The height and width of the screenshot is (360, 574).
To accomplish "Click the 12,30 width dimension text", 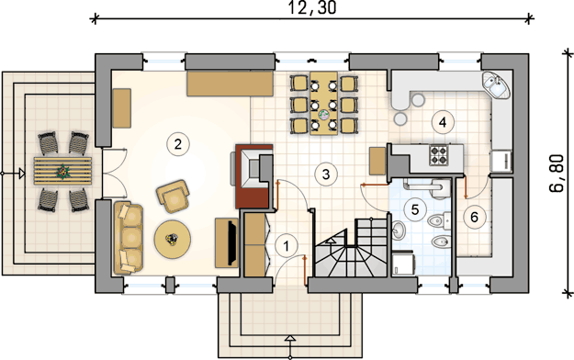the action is coord(312,7).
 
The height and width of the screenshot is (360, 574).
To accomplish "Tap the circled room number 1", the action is coord(287,246).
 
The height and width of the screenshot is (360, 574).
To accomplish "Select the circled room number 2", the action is coord(178,144).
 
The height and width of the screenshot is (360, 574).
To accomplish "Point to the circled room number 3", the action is coord(326,174).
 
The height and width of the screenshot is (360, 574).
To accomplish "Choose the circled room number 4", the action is coord(443,122).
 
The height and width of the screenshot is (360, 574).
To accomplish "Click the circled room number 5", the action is coord(415,209).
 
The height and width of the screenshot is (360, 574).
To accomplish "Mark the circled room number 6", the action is coord(474,217).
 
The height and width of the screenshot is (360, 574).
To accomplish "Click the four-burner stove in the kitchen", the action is coord(439,155).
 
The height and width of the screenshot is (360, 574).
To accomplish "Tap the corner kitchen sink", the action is coord(496,85).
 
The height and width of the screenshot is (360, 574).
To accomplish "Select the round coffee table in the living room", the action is coord(172,239).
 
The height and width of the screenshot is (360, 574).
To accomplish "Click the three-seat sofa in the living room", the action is coord(129,238).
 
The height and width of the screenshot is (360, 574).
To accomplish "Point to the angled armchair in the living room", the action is coord(173,196).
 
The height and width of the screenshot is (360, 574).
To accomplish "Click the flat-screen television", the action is coord(232,242).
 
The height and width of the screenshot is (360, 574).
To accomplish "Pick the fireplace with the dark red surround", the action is coord(254,176).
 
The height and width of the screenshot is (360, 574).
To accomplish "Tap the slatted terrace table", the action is coord(63,171).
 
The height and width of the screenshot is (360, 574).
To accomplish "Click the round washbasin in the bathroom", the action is coord(398,230).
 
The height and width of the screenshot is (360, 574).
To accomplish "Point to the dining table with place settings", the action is coord(323,103).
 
